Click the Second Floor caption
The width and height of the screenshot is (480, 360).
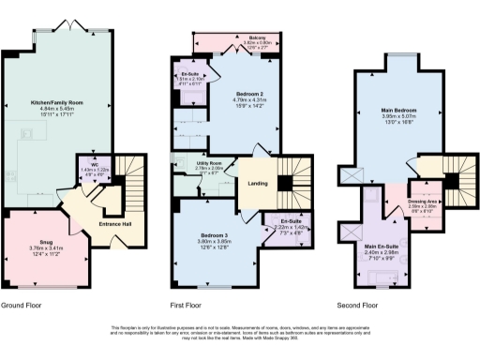pyautogui.click(x=361, y=306)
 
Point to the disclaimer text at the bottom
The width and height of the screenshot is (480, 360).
pyautogui.click(x=241, y=333)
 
